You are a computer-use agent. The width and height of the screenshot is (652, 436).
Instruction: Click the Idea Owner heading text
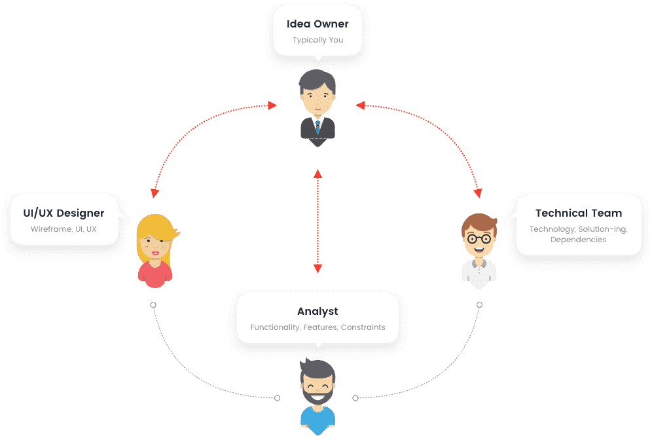317,24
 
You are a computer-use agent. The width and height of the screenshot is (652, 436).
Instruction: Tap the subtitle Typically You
317,40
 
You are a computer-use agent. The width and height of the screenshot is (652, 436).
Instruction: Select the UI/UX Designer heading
63,213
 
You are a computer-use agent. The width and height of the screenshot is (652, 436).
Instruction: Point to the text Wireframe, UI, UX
63,229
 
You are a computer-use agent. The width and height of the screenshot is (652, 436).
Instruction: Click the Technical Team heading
579,213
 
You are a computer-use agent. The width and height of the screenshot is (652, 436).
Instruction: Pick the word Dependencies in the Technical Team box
578,240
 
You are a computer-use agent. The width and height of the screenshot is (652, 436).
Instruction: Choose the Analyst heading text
317,312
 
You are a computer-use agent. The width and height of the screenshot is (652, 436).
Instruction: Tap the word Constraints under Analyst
363,327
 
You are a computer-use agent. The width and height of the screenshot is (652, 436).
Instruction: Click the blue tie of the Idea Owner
317,125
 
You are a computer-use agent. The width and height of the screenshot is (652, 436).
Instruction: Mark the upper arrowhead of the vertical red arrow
317,174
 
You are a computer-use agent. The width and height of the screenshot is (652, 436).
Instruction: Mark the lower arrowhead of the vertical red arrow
317,268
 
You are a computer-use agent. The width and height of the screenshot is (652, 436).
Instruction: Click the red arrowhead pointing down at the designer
154,193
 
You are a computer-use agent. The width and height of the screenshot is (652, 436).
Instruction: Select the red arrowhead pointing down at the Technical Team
478,193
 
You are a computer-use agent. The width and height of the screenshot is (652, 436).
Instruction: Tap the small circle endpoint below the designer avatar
153,305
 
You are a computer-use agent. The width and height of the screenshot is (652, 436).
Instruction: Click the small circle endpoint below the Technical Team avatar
479,305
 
